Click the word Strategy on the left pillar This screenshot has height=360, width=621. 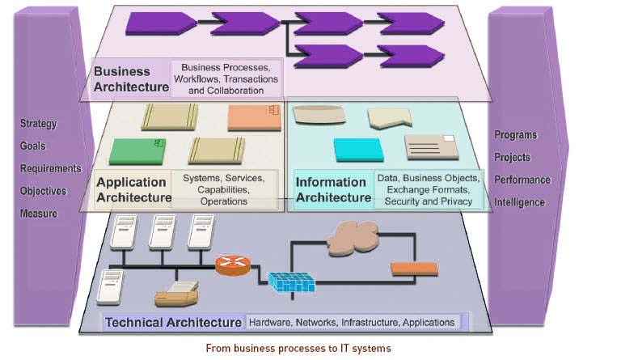[39, 124]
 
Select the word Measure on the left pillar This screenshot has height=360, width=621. [39, 214]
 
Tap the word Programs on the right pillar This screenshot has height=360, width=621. [516, 135]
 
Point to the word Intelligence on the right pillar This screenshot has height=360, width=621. [519, 202]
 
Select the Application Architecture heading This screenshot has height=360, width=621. [133, 189]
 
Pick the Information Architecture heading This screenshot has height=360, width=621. [333, 189]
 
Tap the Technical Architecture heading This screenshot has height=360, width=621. [174, 322]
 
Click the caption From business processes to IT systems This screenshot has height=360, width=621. [310, 349]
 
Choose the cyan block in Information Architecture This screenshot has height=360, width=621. [358, 150]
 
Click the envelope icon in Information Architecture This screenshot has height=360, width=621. [431, 147]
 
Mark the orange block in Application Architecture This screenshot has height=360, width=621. [254, 117]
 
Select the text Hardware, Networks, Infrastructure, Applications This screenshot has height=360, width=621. [351, 322]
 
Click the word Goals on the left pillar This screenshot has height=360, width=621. [33, 146]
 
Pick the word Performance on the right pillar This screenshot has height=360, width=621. [522, 180]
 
